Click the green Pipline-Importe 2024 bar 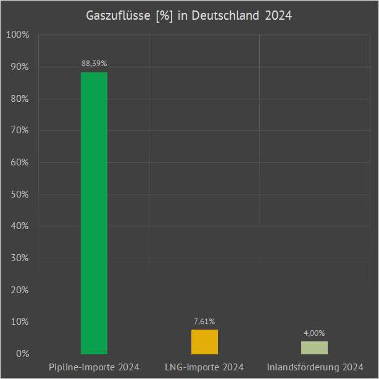94,213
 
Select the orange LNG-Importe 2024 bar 204,342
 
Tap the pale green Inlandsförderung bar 314,348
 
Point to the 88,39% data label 94,63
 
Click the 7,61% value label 204,321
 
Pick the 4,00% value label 314,333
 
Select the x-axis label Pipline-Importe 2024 94,367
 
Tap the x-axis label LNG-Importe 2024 204,367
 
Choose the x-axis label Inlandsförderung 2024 315,367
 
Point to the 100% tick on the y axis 17,35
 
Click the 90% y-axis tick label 19,67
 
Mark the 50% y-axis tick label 19,194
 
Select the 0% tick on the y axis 21,354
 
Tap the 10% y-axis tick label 19,322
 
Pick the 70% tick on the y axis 19,130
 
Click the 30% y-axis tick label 19,258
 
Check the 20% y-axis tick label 19,290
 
